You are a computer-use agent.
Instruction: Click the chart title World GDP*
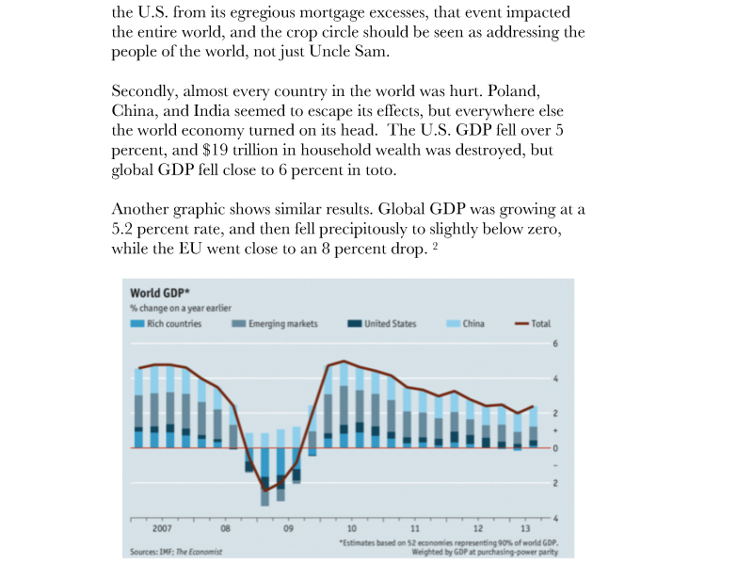(159, 293)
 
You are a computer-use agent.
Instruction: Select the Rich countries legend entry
(167, 324)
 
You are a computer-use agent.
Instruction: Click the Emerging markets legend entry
(275, 324)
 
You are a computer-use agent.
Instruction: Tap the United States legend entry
(382, 324)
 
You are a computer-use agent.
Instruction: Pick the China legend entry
(465, 324)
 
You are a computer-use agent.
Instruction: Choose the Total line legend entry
(533, 324)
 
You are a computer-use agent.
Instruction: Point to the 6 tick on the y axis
(555, 344)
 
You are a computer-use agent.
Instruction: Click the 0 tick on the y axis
(555, 448)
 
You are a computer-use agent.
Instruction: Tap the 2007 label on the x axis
(162, 528)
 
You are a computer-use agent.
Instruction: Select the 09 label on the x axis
(288, 528)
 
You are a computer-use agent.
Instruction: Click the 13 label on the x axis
(525, 528)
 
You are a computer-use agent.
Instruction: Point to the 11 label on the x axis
(414, 528)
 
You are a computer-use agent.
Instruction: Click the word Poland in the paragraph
(513, 90)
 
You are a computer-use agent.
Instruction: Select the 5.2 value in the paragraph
(122, 229)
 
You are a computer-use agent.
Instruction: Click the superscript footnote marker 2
(435, 247)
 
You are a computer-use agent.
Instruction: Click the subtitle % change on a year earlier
(181, 308)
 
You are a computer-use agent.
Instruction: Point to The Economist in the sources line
(199, 552)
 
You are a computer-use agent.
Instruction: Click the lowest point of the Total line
(264, 491)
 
